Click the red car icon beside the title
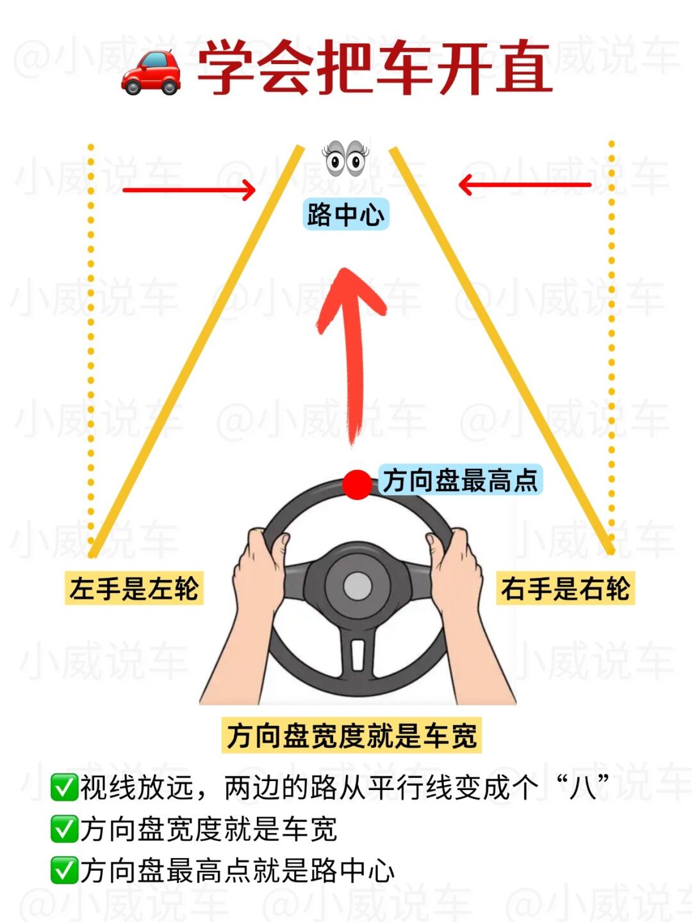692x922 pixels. pos(151,72)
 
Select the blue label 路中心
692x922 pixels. pos(346,214)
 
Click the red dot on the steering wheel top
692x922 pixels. pos(357,485)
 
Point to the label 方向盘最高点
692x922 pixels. pos(460,480)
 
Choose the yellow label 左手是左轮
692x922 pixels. pos(134,588)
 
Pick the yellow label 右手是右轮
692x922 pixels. pos(566,588)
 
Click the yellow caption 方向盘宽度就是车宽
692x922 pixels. pos(352,734)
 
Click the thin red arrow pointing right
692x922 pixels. pos(189,190)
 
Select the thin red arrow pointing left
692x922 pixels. pos(525,185)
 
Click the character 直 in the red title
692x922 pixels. pos(524,67)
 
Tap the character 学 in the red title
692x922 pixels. pos(226,67)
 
